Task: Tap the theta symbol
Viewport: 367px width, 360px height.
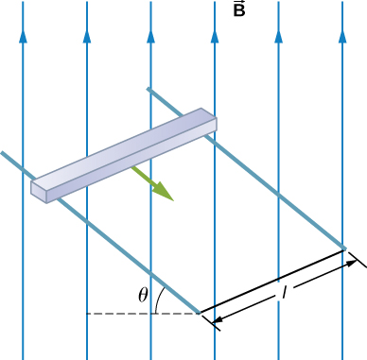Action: click(x=144, y=295)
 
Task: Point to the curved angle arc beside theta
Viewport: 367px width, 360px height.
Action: click(x=162, y=297)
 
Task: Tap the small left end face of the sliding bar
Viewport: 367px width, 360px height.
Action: click(x=39, y=190)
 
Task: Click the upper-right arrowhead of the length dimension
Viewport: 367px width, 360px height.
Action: click(x=353, y=262)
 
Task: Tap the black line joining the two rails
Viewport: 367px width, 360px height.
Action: click(x=274, y=282)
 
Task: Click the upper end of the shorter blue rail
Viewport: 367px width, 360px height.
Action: click(x=149, y=90)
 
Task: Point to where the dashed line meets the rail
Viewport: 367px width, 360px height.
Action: click(x=198, y=312)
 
